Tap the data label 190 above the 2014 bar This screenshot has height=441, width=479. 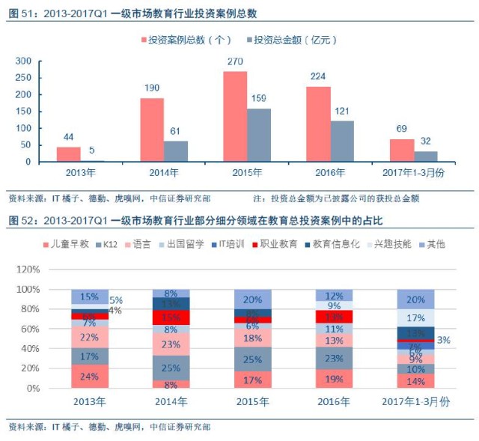152,88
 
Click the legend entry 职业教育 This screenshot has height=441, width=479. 280,245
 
